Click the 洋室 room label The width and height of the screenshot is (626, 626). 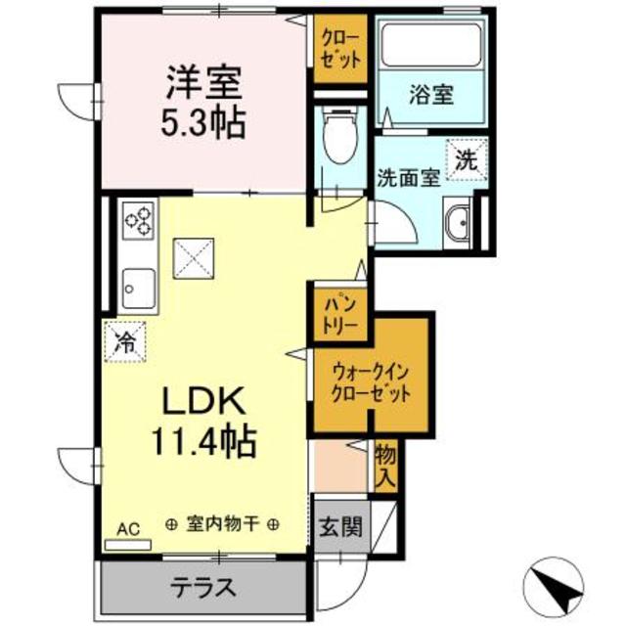(201, 80)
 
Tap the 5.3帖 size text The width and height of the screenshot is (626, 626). (201, 122)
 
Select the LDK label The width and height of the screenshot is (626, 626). (201, 402)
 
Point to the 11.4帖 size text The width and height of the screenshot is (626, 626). (201, 443)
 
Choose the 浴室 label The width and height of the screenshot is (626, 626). (430, 96)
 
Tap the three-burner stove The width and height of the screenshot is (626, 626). (139, 220)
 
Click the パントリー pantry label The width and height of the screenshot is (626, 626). (340, 313)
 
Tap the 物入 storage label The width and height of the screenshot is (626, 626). (386, 466)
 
